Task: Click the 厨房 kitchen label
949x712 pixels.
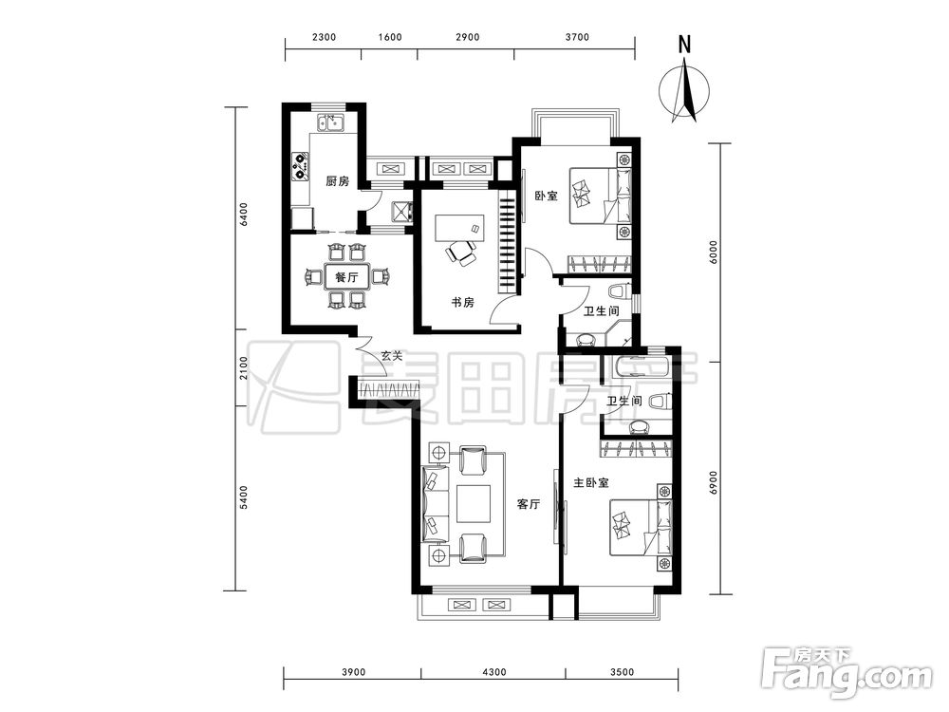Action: (337, 181)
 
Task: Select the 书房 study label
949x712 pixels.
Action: (462, 302)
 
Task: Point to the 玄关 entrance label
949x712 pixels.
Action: (391, 356)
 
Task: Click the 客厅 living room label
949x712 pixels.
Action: (529, 504)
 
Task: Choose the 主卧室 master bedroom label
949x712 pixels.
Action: (591, 482)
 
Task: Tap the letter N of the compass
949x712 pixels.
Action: (684, 45)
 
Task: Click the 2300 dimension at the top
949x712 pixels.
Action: (324, 37)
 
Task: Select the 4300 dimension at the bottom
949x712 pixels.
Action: (494, 672)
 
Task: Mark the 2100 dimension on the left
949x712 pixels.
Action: (243, 368)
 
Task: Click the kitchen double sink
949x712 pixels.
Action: (330, 122)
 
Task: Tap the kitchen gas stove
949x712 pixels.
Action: (301, 166)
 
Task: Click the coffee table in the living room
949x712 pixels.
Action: (474, 504)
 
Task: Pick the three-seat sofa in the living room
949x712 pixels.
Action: (434, 504)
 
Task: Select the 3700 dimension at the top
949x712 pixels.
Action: (577, 37)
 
